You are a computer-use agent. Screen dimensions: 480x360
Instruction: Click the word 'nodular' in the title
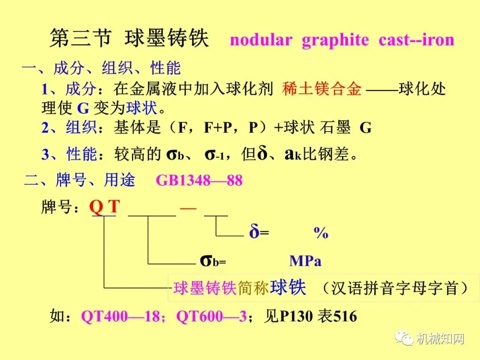(260, 40)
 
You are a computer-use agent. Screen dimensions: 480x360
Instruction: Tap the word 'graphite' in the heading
(335, 40)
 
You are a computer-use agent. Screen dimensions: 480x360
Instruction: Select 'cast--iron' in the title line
(416, 40)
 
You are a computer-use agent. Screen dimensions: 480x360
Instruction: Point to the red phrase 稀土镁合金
(322, 89)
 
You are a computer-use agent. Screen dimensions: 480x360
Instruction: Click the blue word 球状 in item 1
(142, 108)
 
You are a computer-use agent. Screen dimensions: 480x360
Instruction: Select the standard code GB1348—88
(199, 181)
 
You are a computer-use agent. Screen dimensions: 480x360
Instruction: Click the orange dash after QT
(188, 207)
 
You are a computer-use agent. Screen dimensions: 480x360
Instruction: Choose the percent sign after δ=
(321, 233)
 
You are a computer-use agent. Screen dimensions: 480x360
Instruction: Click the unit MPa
(305, 261)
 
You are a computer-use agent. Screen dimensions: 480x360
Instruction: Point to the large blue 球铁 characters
(288, 288)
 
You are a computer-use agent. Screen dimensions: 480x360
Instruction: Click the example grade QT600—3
(212, 316)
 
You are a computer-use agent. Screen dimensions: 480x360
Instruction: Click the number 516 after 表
(345, 316)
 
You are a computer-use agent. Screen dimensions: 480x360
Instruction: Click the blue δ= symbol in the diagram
(259, 232)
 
